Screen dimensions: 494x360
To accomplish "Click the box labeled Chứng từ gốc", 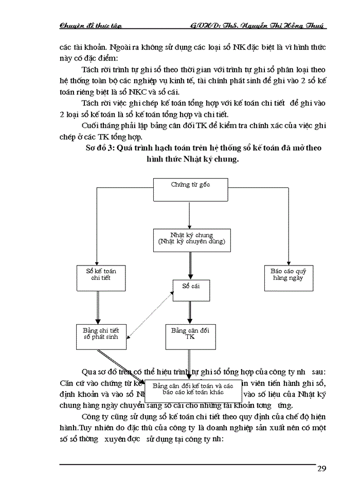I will (190, 189).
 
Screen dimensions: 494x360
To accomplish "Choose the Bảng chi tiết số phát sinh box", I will (101, 334).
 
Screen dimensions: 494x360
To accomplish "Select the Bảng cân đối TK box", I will (190, 334).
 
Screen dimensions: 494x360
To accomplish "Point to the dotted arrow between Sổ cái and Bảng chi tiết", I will (149, 314).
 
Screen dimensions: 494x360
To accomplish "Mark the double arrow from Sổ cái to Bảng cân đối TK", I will (190, 312).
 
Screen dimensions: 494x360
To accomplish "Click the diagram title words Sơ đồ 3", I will (101, 148).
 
